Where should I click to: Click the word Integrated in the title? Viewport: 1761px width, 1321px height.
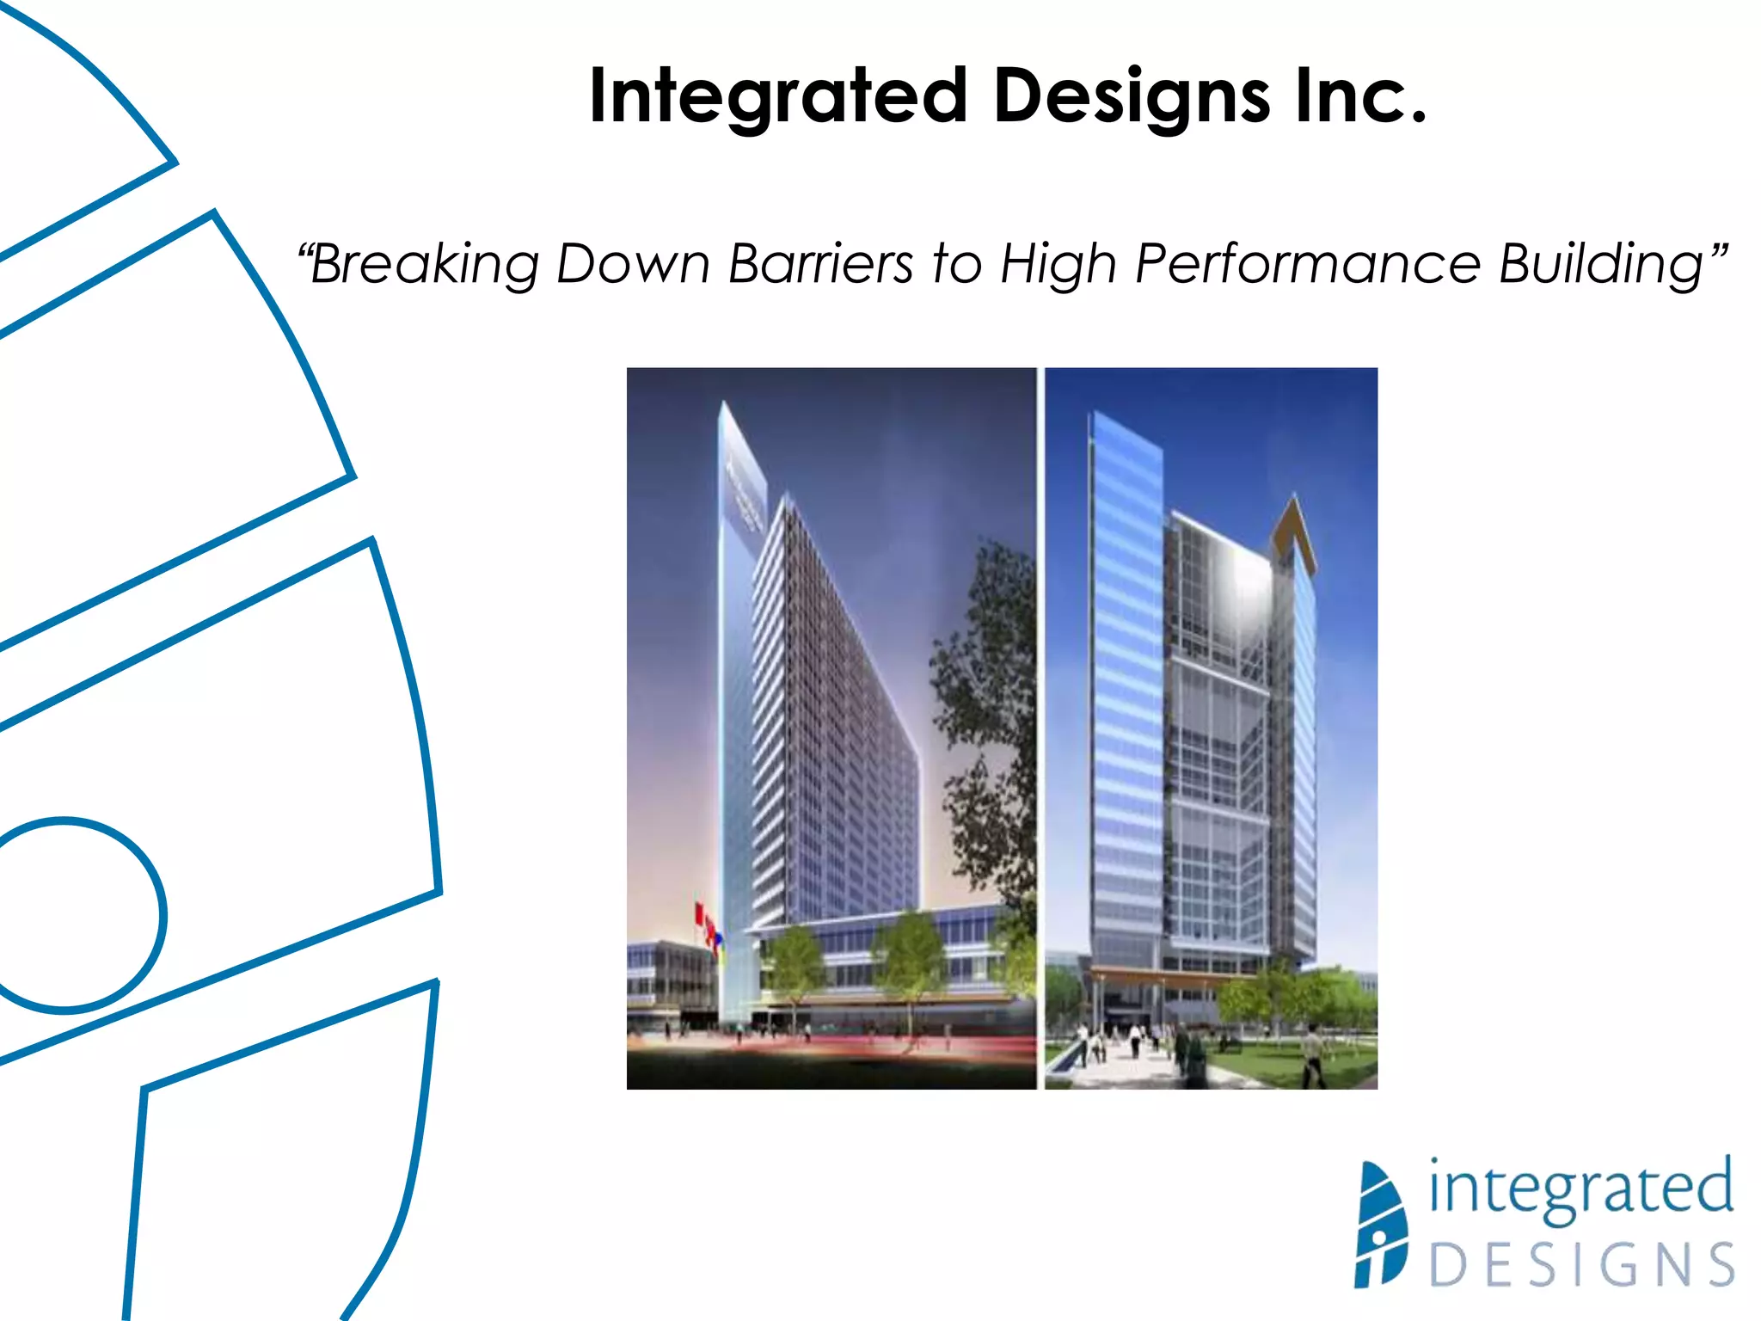778,96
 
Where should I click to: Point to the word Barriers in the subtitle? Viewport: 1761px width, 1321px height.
820,263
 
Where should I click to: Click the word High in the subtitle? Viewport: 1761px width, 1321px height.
1058,263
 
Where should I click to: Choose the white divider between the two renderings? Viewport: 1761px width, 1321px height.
1040,728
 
